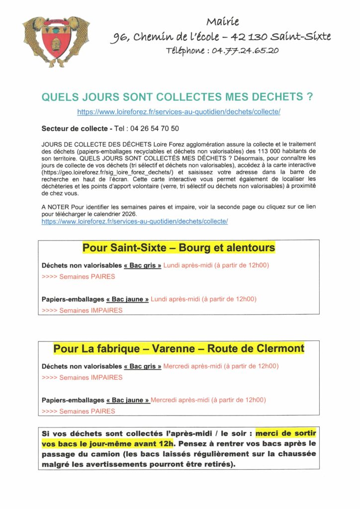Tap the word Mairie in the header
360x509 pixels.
coord(222,22)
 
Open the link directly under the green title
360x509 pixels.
coord(179,112)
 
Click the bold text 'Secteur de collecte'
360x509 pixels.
coord(74,129)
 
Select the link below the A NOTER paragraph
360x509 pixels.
coord(135,221)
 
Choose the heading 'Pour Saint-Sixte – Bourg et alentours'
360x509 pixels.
coord(179,248)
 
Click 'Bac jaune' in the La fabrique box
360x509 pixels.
coord(128,400)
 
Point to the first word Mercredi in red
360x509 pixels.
coord(177,366)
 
